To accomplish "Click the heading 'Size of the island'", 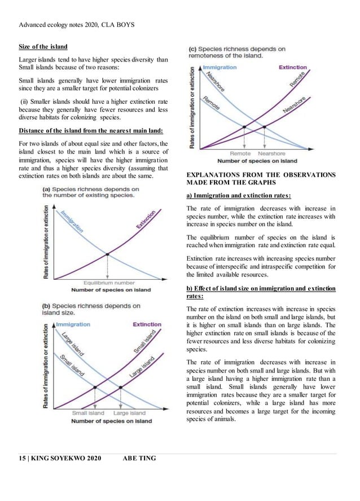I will (43, 46).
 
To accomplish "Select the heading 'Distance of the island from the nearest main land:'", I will (91, 131).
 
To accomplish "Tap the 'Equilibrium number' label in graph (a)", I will (109, 283).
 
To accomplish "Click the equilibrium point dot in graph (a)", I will (107, 254).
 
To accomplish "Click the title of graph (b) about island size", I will (91, 309).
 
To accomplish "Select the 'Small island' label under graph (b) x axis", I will (87, 413).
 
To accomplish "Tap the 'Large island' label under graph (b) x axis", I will (129, 413).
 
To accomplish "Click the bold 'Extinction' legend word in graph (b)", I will (147, 324).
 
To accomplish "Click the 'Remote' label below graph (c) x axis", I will (240, 153).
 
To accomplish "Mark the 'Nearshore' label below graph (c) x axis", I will (272, 153).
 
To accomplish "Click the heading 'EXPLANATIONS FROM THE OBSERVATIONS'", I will (261, 175).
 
